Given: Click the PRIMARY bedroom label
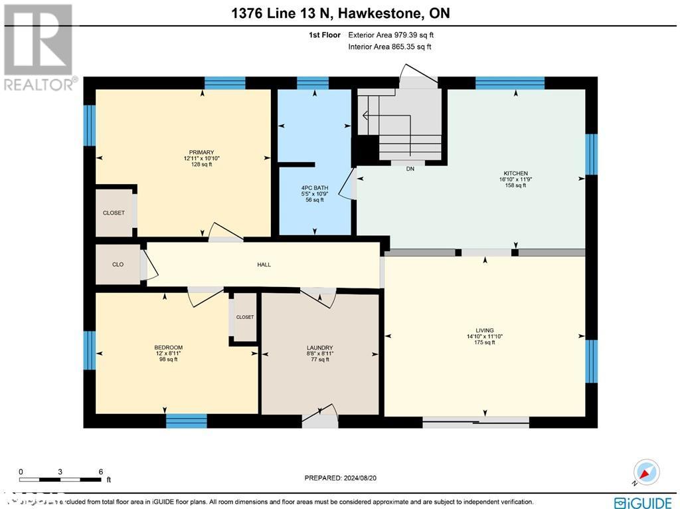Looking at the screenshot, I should (x=197, y=152).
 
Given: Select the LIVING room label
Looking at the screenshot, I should (x=484, y=330).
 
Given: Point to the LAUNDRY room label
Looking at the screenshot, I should (x=319, y=348).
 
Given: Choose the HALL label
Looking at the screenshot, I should (x=264, y=264).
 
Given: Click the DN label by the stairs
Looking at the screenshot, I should (x=410, y=169).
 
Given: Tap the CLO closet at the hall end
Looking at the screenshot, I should (x=118, y=264).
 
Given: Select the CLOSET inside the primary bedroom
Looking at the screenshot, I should (x=114, y=213).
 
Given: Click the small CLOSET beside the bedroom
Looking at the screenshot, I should (x=244, y=317).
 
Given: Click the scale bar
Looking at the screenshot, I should (x=60, y=478).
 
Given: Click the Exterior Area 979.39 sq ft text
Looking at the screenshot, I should (x=391, y=35).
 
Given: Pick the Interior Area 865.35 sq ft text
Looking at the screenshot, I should (x=390, y=47).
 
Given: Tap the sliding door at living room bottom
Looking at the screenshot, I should (x=475, y=421).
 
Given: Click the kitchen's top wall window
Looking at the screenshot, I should (x=510, y=83).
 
